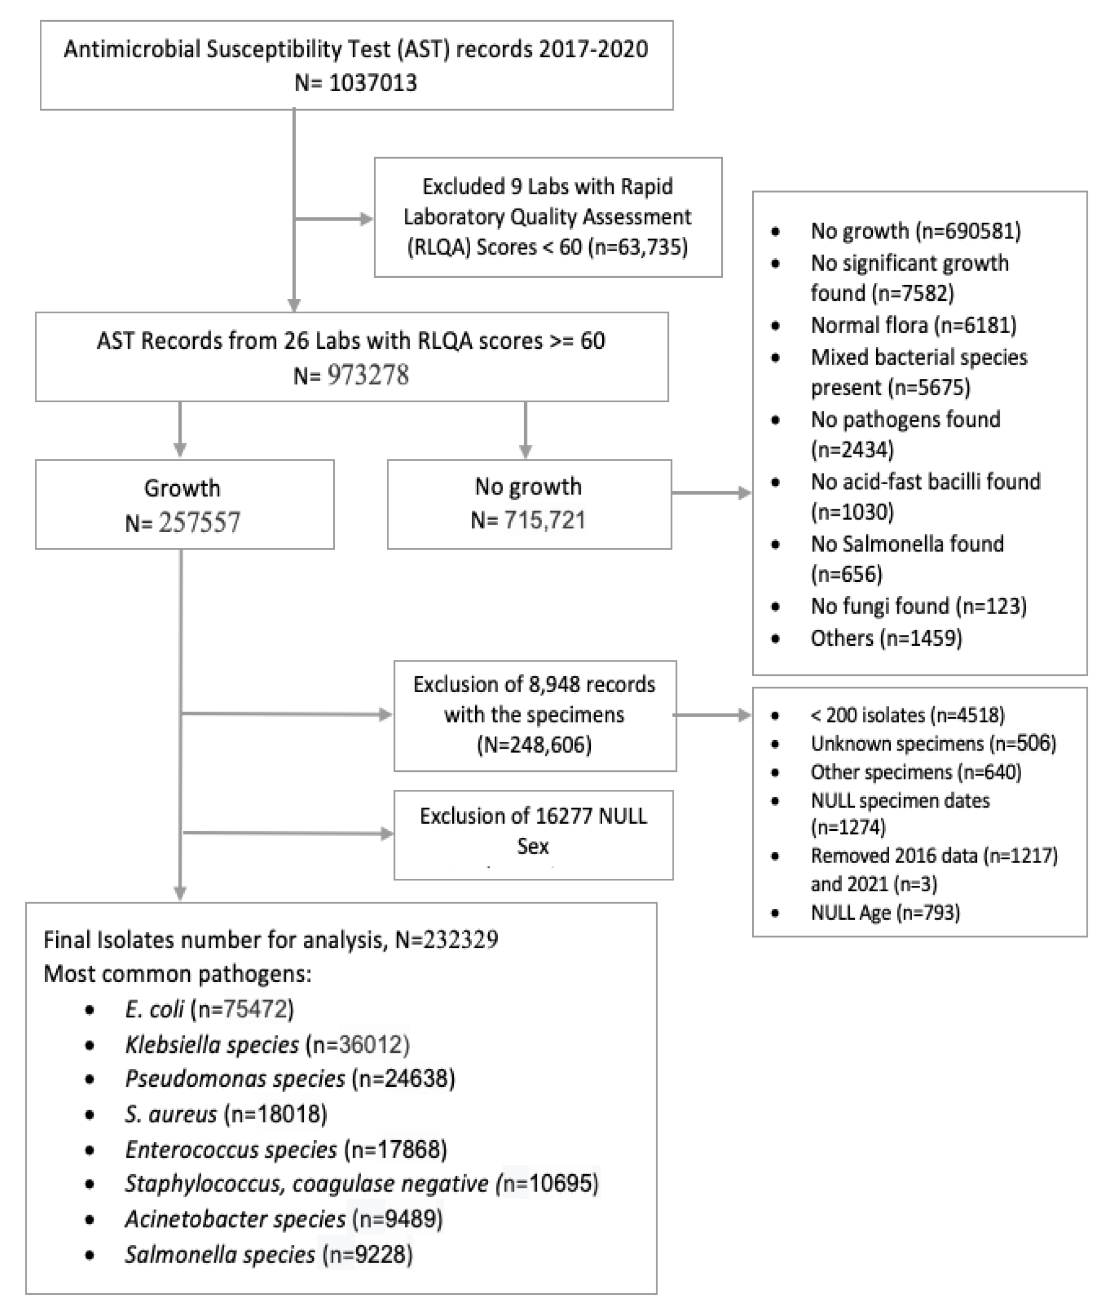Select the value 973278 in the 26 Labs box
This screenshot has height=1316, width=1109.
click(368, 376)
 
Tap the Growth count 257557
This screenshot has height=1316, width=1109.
click(199, 523)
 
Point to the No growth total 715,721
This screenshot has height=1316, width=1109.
click(544, 520)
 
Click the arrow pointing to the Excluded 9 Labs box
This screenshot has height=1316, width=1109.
click(364, 219)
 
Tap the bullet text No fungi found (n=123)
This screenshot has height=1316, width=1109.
click(918, 606)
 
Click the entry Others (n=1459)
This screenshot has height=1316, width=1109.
click(886, 638)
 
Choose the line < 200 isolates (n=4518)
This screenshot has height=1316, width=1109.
click(907, 715)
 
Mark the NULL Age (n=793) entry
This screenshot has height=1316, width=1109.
click(885, 912)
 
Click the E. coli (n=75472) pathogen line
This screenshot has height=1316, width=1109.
click(209, 1009)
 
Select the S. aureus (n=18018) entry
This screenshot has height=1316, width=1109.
click(226, 1114)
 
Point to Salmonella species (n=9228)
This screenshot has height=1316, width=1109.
click(268, 1254)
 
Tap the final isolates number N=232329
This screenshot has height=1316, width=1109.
click(446, 940)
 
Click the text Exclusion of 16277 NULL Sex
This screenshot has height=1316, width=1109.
click(533, 831)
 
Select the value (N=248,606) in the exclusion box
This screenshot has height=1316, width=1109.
click(535, 745)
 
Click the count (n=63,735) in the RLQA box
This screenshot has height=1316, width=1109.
click(638, 247)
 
